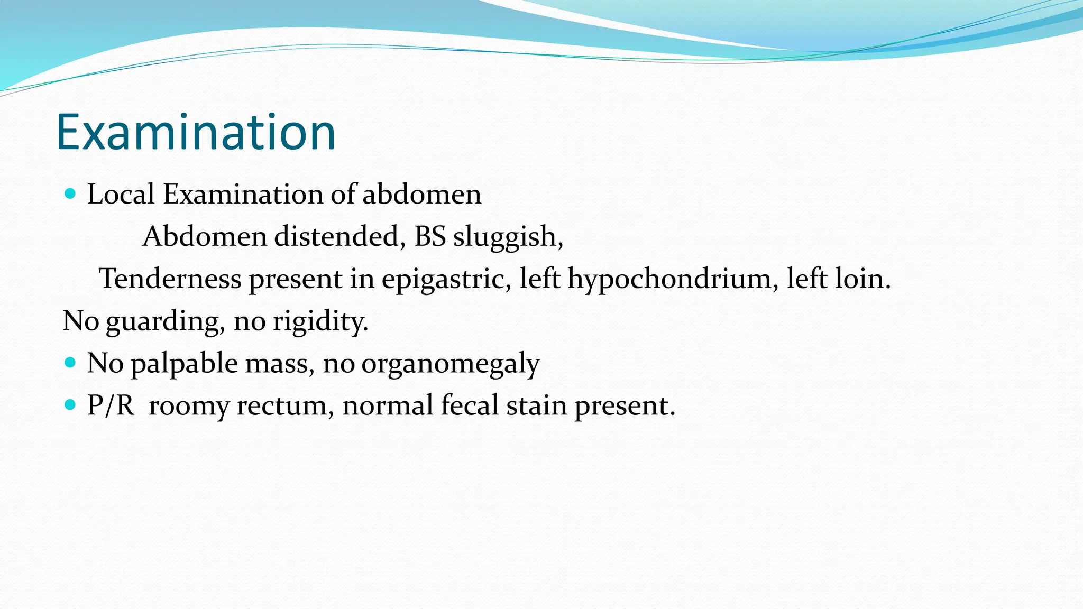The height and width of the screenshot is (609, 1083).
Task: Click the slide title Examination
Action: coord(196,132)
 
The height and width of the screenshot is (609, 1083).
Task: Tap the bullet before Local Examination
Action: coord(70,193)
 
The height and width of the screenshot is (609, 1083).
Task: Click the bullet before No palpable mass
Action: coord(70,363)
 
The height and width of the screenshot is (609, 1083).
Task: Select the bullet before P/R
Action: coord(70,405)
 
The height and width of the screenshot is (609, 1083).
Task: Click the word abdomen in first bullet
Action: coord(421,194)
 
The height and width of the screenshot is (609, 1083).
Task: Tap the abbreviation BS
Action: coord(430,236)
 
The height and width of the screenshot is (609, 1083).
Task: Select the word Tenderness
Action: coord(170,279)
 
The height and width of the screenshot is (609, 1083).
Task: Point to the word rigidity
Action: coord(320,321)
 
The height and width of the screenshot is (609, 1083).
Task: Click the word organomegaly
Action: coord(450,364)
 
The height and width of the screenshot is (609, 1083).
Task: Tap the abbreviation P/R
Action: coord(111,405)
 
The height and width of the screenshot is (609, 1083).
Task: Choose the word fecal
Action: coord(470,405)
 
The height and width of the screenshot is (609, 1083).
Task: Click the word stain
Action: coord(537,405)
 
